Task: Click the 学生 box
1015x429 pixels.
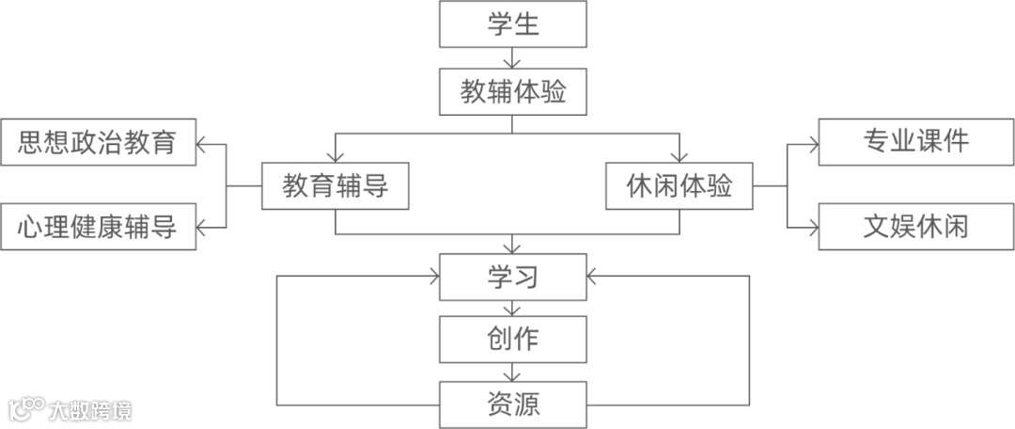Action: [x=513, y=24]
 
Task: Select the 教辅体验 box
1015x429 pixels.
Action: [x=513, y=93]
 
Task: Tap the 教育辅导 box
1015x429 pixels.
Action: [x=336, y=187]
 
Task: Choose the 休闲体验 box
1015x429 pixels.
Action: [x=679, y=187]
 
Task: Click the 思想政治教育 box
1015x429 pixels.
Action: [x=98, y=142]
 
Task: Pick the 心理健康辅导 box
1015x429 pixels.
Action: [x=98, y=227]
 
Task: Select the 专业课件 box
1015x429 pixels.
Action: [x=915, y=142]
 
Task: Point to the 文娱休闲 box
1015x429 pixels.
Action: [x=915, y=227]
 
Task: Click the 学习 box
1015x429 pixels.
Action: [x=513, y=277]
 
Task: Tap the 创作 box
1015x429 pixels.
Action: [x=513, y=339]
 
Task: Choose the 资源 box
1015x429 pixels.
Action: [x=513, y=405]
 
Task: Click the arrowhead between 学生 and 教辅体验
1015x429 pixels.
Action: [x=513, y=63]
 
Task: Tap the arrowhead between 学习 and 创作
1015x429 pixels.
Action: [x=513, y=310]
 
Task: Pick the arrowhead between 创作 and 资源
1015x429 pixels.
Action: [x=513, y=373]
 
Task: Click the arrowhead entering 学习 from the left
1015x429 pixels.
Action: [x=435, y=277]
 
